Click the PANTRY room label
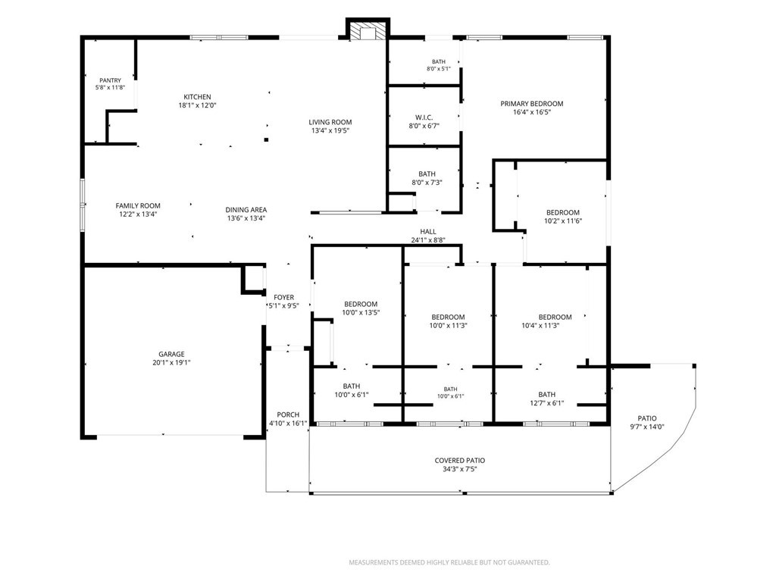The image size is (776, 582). (x=110, y=80)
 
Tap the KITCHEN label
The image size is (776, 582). (x=198, y=97)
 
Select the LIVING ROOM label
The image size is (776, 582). (x=330, y=122)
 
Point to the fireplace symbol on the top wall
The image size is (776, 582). (x=368, y=30)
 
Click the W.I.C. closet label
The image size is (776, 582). (x=424, y=117)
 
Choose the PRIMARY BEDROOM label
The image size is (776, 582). (x=531, y=103)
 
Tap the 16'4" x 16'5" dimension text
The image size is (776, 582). (x=532, y=112)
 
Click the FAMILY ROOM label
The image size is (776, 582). (x=138, y=206)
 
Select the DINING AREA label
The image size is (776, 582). (x=246, y=210)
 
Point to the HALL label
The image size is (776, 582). (x=428, y=232)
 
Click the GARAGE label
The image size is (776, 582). (x=171, y=355)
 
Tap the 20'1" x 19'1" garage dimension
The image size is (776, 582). (x=171, y=362)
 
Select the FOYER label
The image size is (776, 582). (x=284, y=297)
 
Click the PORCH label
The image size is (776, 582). (x=288, y=415)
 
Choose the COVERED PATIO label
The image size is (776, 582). (x=460, y=460)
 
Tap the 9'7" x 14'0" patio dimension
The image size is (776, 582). (x=647, y=427)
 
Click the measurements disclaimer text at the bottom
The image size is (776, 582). (x=449, y=562)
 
